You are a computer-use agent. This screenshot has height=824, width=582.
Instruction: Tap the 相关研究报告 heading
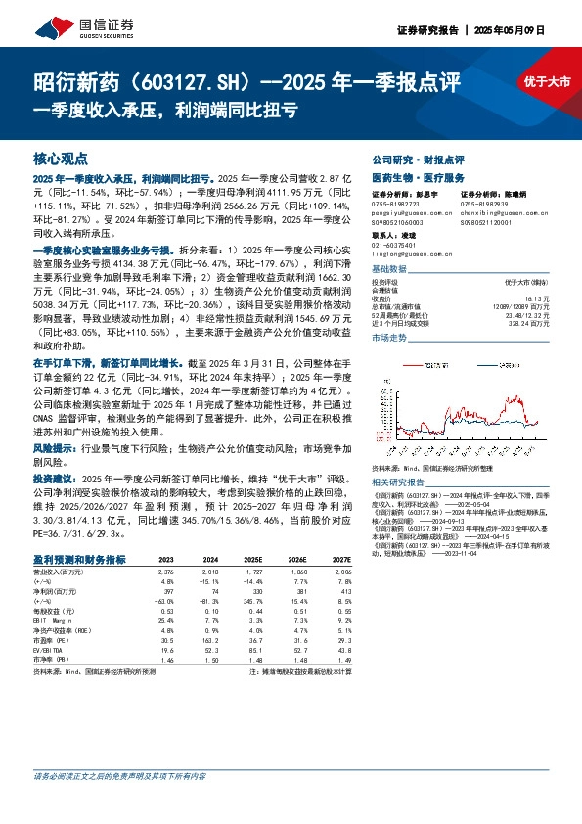click(x=402, y=483)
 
